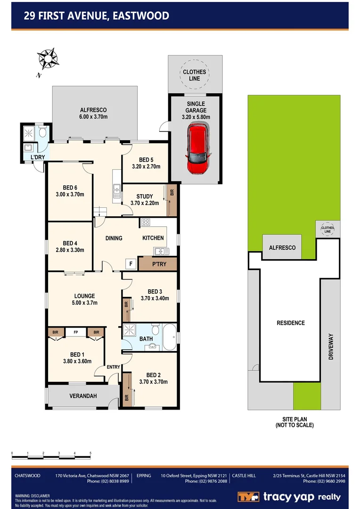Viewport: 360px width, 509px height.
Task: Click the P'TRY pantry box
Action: pos(157,264)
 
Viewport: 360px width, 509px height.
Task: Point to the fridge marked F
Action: pos(131,264)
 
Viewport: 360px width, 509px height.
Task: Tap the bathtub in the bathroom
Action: pos(170,337)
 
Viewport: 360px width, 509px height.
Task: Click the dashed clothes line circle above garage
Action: pos(195,75)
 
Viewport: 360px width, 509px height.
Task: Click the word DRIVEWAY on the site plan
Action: pos(331,347)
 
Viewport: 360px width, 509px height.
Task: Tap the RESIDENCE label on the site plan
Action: pos(290,323)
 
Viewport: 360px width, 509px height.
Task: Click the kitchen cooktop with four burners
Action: pos(145,222)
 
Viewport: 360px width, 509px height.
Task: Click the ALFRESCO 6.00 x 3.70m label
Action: pos(94,113)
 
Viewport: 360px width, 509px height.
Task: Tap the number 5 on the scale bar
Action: pos(90,453)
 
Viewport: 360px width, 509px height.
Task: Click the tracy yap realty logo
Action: pos(288,497)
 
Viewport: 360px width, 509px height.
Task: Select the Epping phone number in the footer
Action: pos(207,481)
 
